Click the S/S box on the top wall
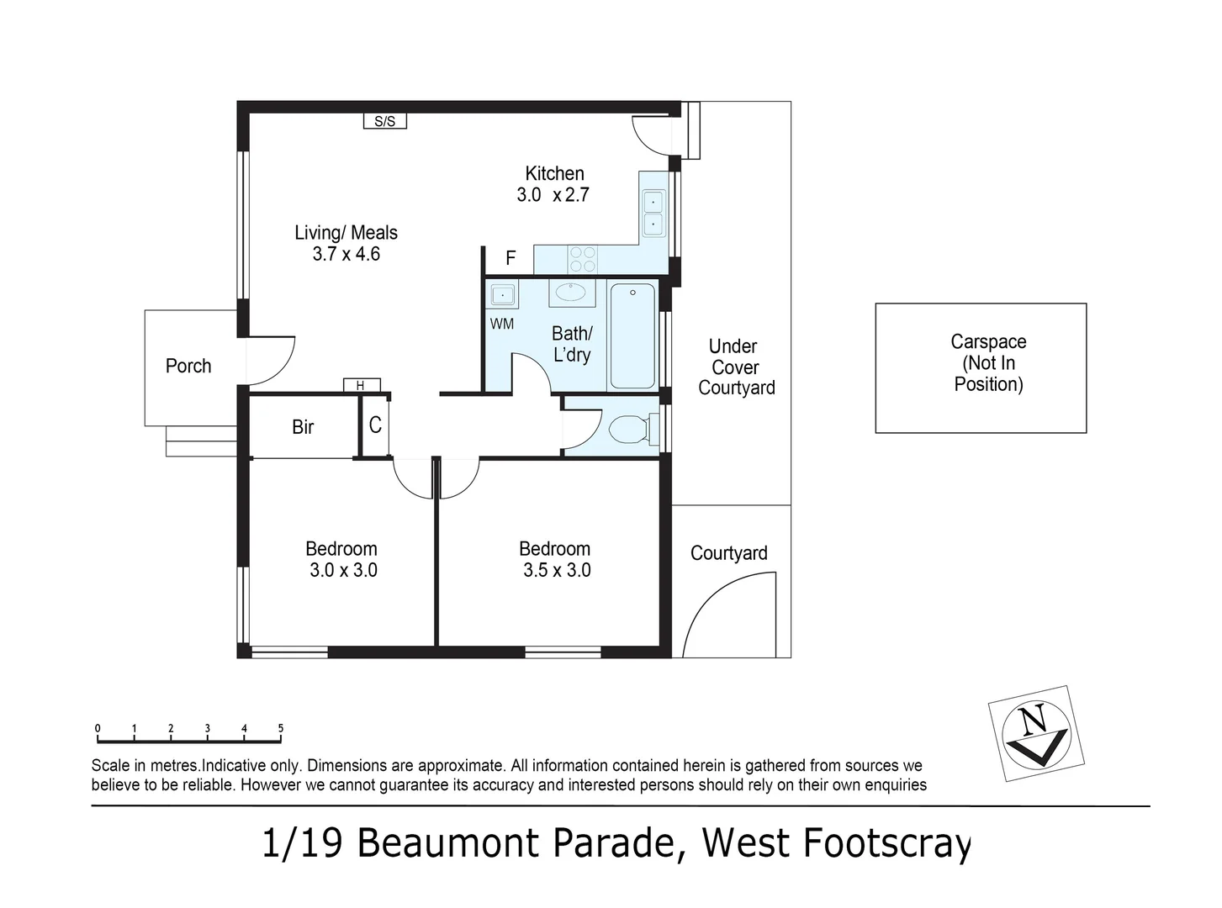(384, 121)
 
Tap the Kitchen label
(554, 173)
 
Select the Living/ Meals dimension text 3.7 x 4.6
(346, 254)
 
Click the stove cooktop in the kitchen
(582, 259)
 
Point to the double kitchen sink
(653, 214)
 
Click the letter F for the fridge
(510, 258)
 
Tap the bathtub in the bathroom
(632, 336)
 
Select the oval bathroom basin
(571, 293)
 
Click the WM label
(501, 324)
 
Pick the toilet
(632, 430)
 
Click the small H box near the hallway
(361, 385)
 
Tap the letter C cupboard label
(375, 425)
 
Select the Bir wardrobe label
(303, 427)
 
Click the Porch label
(188, 366)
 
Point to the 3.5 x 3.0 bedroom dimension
(557, 570)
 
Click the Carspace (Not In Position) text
(988, 363)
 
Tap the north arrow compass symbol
(1036, 733)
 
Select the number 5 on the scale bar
(281, 729)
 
